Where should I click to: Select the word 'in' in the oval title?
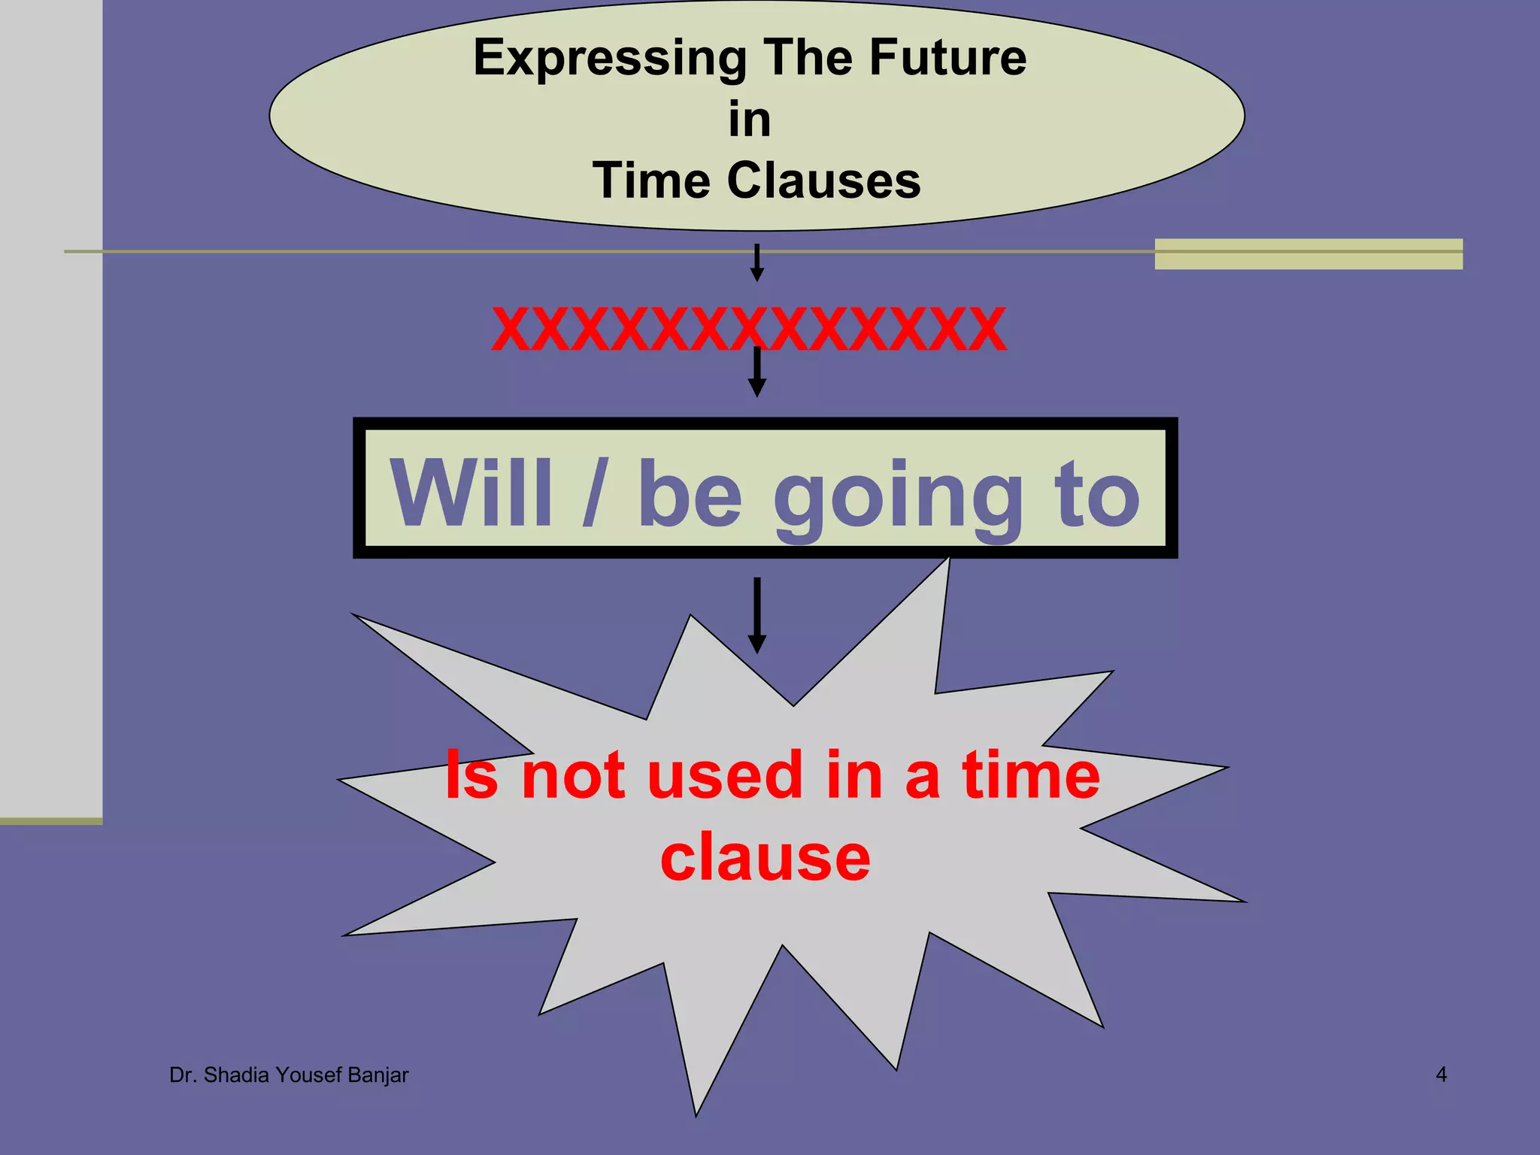click(750, 120)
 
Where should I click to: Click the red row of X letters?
click(748, 329)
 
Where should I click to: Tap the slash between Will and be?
click(594, 493)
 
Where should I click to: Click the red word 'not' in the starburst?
click(573, 776)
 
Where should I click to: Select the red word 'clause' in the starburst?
click(765, 858)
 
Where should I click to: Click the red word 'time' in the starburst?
click(1031, 776)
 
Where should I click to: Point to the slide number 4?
click(1441, 1075)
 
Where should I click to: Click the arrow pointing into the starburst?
click(757, 615)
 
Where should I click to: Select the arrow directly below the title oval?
click(757, 262)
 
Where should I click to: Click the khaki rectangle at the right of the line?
click(1308, 254)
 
